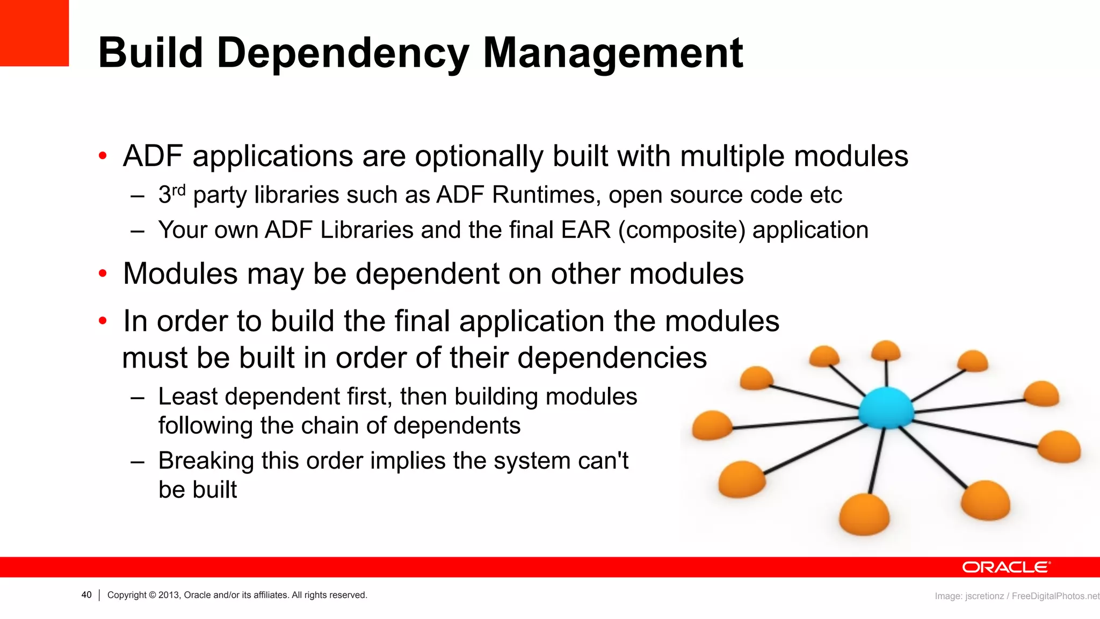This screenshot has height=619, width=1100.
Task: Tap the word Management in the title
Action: click(x=613, y=54)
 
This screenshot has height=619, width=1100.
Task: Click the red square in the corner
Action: click(x=34, y=33)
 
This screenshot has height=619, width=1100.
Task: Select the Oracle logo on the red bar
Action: click(x=1005, y=567)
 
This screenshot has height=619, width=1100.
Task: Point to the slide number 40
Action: click(x=86, y=595)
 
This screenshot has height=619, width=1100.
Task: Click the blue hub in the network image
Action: click(x=886, y=408)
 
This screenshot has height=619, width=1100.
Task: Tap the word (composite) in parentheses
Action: click(x=682, y=230)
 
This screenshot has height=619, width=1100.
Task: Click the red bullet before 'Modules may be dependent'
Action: click(x=103, y=274)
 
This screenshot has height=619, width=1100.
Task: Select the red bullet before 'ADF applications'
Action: click(x=103, y=156)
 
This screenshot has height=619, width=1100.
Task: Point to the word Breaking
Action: click(x=206, y=460)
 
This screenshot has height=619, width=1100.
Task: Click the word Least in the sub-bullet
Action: click(x=188, y=397)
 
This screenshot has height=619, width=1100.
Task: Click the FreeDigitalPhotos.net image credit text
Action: click(x=1055, y=596)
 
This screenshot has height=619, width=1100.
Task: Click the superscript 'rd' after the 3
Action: click(x=178, y=190)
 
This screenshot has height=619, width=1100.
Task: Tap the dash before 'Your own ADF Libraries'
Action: click(x=137, y=231)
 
